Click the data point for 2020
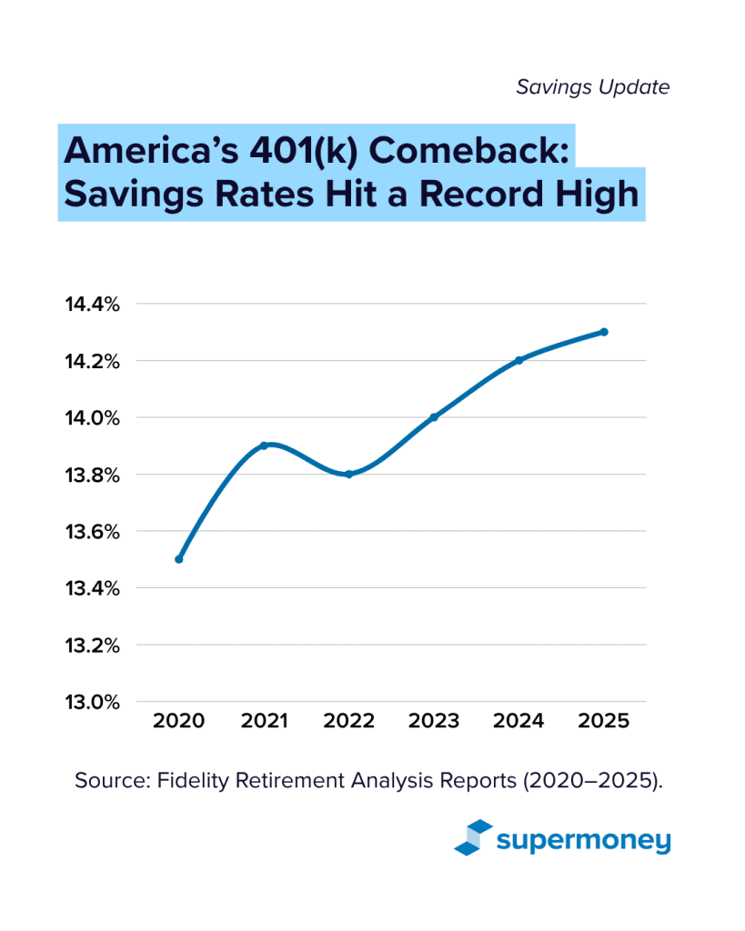[178, 559]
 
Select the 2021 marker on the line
[264, 445]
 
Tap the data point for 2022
[348, 474]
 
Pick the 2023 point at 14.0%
[434, 417]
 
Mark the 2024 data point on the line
[518, 360]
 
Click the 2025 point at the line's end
[604, 332]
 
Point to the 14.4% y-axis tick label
[92, 304]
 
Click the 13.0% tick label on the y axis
[92, 702]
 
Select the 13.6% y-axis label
[92, 531]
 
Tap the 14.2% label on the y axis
[92, 361]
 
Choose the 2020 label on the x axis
[178, 721]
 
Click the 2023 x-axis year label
[434, 721]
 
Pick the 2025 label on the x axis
[604, 721]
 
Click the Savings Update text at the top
[593, 87]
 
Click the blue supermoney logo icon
[473, 838]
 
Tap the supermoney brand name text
[583, 840]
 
